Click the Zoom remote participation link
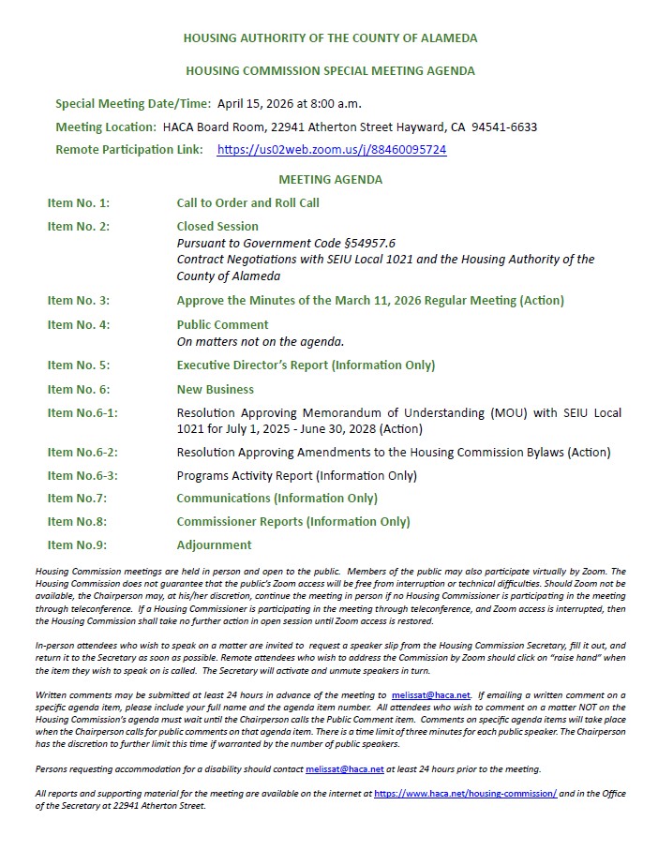[331, 150]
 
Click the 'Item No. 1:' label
[79, 202]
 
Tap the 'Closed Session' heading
[217, 226]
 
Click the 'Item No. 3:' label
[79, 301]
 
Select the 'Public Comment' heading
[222, 325]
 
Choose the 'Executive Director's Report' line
[306, 365]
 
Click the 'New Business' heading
[215, 389]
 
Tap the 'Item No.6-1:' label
[82, 413]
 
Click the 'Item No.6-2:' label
[82, 453]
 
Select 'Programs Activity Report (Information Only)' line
[296, 475]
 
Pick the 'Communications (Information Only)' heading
[277, 499]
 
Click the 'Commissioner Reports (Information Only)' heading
[293, 522]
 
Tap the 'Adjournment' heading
[214, 545]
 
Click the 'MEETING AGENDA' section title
[330, 179]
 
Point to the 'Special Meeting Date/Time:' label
[133, 103]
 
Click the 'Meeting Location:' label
[106, 127]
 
